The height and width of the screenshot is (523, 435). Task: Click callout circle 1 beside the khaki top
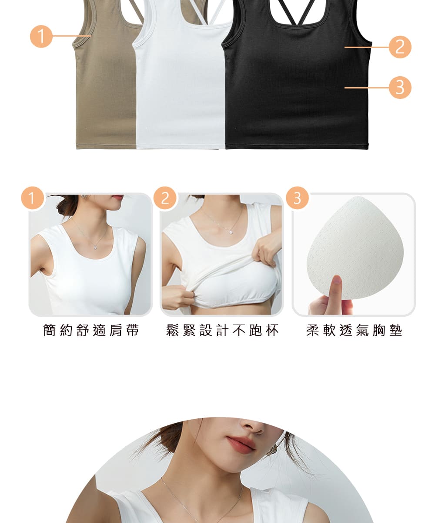pyautogui.click(x=41, y=36)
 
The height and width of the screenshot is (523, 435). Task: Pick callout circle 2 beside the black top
pyautogui.click(x=400, y=47)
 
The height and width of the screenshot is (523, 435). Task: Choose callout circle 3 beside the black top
pyautogui.click(x=400, y=88)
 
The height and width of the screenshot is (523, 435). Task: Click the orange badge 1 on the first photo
pyautogui.click(x=33, y=198)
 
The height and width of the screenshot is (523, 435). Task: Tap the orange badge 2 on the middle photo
pyautogui.click(x=165, y=198)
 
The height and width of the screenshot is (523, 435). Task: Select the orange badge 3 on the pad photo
pyautogui.click(x=297, y=198)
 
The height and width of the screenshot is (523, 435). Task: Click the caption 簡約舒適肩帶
pyautogui.click(x=91, y=330)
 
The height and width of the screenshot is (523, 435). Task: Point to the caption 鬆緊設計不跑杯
pyautogui.click(x=222, y=330)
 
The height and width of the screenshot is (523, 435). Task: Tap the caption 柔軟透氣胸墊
pyautogui.click(x=354, y=330)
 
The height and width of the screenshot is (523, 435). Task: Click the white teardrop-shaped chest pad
pyautogui.click(x=355, y=248)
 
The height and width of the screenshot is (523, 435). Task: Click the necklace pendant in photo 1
pyautogui.click(x=95, y=248)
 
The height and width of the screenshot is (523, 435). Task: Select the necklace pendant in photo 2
pyautogui.click(x=231, y=232)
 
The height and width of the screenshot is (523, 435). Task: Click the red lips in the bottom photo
pyautogui.click(x=241, y=445)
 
